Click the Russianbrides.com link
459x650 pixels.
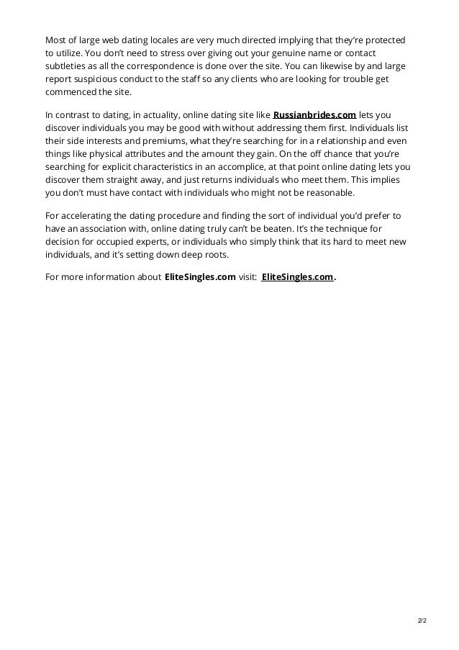coord(314,114)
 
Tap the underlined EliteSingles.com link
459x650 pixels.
coord(297,277)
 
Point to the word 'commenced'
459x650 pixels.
coord(70,93)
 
